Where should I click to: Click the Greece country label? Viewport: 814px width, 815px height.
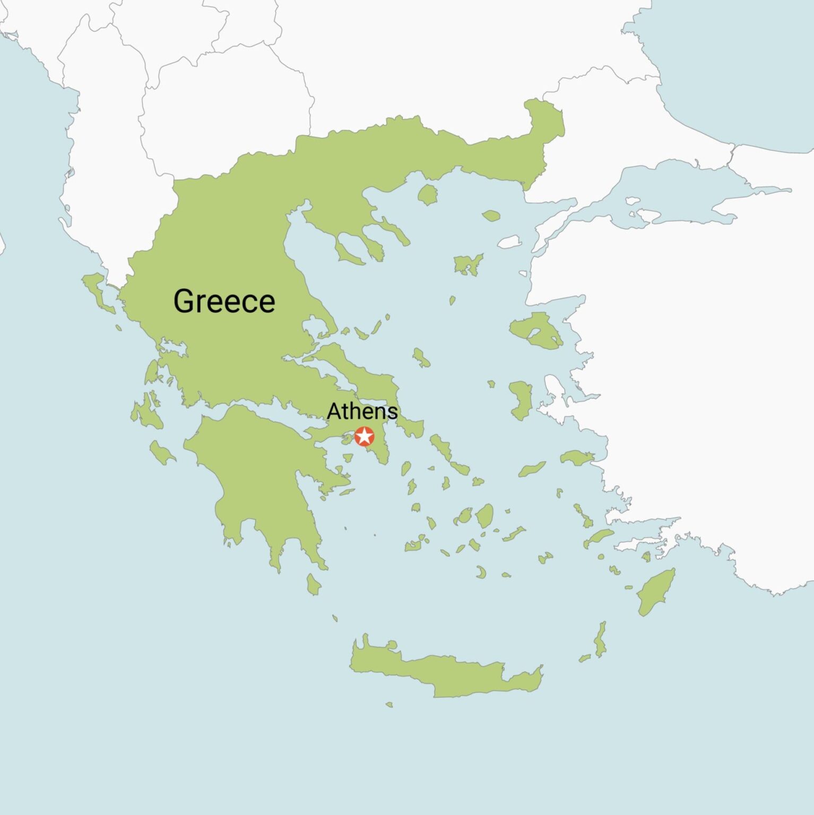[224, 301]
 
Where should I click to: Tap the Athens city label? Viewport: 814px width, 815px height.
[362, 411]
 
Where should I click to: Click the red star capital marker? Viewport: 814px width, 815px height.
[365, 437]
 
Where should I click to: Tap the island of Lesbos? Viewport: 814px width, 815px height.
[536, 330]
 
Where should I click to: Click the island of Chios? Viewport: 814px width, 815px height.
[521, 399]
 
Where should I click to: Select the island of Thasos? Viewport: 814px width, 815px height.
[427, 195]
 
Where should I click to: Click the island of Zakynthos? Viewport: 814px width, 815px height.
[161, 452]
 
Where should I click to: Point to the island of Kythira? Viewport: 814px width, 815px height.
[314, 585]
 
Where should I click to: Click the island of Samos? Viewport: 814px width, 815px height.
[577, 458]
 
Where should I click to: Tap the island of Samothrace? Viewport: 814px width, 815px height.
[491, 215]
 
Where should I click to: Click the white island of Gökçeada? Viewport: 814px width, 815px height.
[510, 242]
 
